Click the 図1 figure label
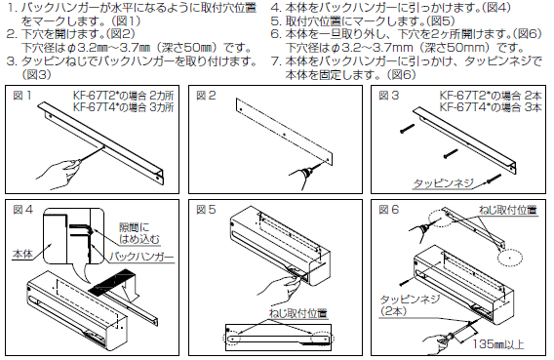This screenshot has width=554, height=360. tap(22, 96)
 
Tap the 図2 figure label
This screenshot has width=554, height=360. tap(206, 96)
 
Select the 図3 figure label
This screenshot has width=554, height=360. tap(388, 96)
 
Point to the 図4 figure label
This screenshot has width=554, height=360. tap(22, 210)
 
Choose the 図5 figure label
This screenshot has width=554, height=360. tap(206, 210)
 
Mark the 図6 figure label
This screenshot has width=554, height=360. tap(388, 210)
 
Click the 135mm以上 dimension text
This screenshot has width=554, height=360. tap(498, 344)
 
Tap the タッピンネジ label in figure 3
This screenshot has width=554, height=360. tap(443, 183)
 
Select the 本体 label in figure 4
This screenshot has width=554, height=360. tap(22, 254)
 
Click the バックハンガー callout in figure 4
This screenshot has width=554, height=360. tap(141, 257)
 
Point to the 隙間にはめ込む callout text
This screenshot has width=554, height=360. tap(139, 233)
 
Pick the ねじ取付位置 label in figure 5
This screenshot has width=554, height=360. tap(298, 313)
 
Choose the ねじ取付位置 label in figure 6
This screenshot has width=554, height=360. tap(508, 210)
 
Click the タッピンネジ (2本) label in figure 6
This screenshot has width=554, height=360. tap(410, 305)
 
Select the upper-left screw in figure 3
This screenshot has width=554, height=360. tap(408, 129)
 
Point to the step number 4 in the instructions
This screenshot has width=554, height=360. tap(276, 8)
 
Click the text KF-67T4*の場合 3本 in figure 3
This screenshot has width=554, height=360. tap(491, 107)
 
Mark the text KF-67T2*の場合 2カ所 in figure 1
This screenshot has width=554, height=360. tap(124, 96)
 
